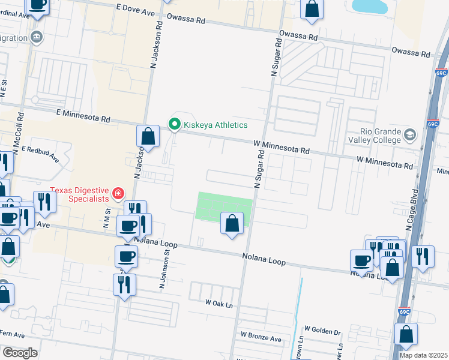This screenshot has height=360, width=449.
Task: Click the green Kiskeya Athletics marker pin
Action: (175, 125)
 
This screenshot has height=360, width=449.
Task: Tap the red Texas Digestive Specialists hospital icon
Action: (118, 193)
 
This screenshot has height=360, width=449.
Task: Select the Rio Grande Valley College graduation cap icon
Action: (410, 133)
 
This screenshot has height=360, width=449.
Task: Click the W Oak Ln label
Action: (218, 304)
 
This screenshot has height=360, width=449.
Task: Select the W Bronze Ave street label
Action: (261, 339)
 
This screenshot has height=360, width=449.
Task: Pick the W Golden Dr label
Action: (322, 329)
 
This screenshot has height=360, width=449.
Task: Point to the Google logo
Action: (19, 352)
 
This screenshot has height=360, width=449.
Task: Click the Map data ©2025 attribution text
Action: (423, 355)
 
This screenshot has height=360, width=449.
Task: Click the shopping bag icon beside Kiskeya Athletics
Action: (148, 136)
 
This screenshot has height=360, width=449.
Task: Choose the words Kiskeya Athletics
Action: (217, 125)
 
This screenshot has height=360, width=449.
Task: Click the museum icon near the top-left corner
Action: (37, 37)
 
